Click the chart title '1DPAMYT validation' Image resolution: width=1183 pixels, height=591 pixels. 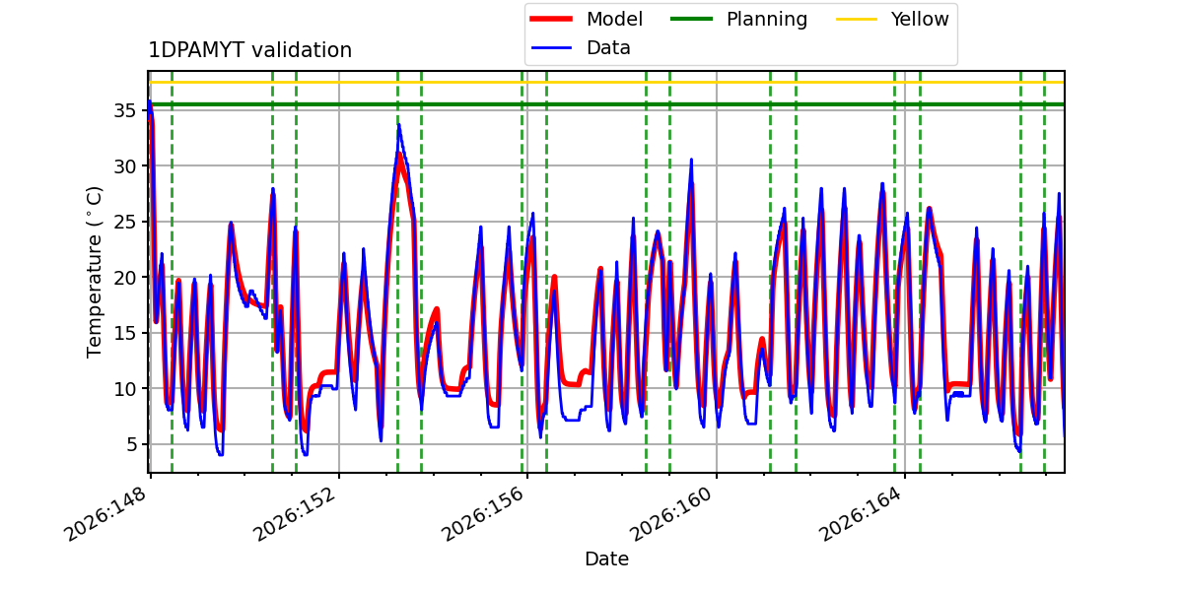pos(249,50)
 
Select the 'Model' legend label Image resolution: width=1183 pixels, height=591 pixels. pos(614,19)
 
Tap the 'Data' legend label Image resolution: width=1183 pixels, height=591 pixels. pos(608,48)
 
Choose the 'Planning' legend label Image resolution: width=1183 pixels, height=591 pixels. pos(767,19)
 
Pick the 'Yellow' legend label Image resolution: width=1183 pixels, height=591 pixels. pos(920,19)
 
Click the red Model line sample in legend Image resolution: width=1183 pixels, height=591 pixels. pos(551,19)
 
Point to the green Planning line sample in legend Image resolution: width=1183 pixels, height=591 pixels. pos(691,19)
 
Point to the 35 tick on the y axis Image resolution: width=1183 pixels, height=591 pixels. pos(124,110)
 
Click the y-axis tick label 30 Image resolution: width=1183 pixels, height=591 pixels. pos(124,166)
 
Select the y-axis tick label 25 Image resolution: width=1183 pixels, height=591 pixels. pos(124,223)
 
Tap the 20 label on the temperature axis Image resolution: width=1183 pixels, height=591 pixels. pos(124,278)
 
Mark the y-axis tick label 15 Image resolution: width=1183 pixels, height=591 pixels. pos(124,334)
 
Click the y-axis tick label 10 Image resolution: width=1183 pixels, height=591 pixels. pos(124,389)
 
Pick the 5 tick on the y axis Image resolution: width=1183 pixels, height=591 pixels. pos(130,445)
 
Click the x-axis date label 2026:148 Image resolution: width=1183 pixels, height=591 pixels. pos(105,514)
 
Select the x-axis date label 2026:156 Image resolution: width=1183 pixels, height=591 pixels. pos(483,514)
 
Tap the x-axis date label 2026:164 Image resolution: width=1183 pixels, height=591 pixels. pos(861,514)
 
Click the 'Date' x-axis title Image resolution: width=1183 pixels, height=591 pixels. pos(606,558)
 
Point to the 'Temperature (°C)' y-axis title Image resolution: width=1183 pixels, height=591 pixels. pos(94,272)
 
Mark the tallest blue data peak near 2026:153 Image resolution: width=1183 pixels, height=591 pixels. pos(398,125)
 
